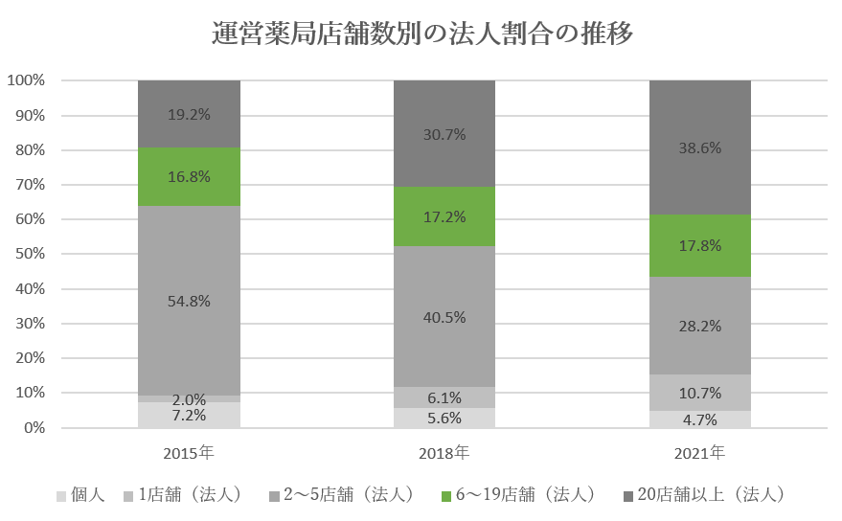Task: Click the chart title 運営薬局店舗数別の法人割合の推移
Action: coord(421,34)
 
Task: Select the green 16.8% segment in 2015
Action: coord(189,177)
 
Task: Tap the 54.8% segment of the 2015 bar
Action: coord(189,301)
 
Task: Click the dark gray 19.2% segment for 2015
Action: coord(189,113)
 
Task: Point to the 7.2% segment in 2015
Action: coord(189,416)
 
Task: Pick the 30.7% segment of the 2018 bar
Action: coord(444,134)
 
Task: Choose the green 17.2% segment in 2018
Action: coord(444,216)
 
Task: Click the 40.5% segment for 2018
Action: coord(444,316)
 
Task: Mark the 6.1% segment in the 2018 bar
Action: coord(444,397)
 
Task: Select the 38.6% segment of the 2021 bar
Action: coord(700,147)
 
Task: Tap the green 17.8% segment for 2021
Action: coord(700,245)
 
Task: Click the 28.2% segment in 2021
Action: coord(700,326)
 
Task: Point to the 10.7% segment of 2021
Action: coord(700,393)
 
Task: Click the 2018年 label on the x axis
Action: coord(444,451)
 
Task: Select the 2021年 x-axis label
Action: coord(700,451)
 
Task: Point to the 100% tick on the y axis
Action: coord(26,80)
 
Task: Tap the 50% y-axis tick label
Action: coord(30,254)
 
